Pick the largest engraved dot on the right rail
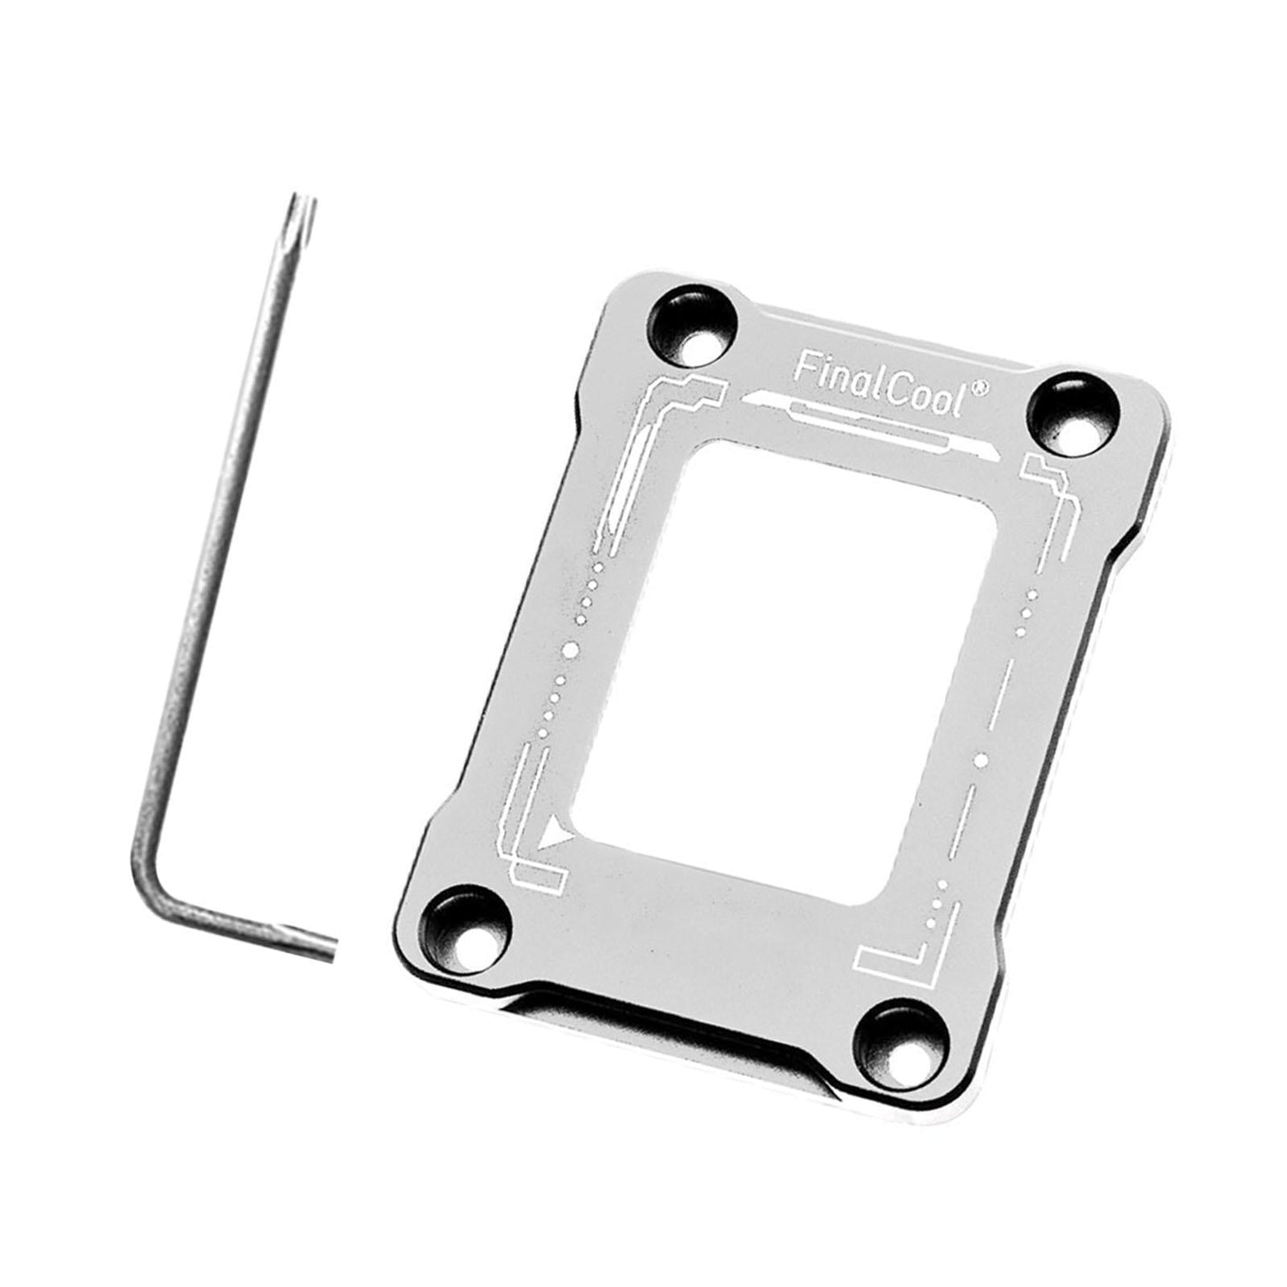point(981,759)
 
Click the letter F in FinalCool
point(801,367)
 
